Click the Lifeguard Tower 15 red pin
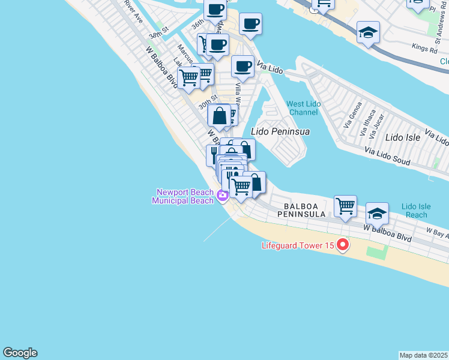[343, 245]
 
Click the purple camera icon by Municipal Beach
[223, 195]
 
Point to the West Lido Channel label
[303, 108]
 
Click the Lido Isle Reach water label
[416, 211]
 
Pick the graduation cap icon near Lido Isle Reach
[377, 213]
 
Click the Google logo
[20, 353]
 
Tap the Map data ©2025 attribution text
[423, 355]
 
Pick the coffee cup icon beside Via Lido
[243, 66]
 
